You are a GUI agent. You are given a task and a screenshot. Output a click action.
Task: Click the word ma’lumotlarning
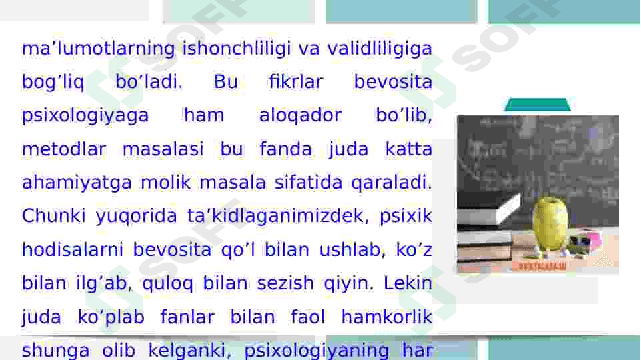99,49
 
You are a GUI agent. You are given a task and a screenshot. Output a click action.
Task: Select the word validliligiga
380,48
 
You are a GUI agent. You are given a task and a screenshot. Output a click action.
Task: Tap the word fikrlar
296,81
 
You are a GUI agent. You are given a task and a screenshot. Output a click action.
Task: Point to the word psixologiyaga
85,116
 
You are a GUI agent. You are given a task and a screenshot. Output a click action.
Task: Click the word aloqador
300,115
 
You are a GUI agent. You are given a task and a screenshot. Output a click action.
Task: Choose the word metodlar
64,149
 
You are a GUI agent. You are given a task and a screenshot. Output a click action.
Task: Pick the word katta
408,149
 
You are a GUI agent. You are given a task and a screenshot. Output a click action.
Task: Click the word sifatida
308,182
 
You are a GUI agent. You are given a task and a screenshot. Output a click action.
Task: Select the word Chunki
53,216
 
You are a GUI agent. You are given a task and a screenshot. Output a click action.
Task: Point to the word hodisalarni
72,249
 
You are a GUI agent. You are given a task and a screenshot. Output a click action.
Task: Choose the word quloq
167,283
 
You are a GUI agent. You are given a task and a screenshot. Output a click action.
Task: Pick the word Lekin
408,283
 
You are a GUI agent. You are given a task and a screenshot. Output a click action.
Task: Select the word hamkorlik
387,317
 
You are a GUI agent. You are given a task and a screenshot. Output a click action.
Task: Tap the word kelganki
187,351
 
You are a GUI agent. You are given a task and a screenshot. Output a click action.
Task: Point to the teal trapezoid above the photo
537,105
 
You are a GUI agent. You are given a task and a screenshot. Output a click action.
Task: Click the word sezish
285,283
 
